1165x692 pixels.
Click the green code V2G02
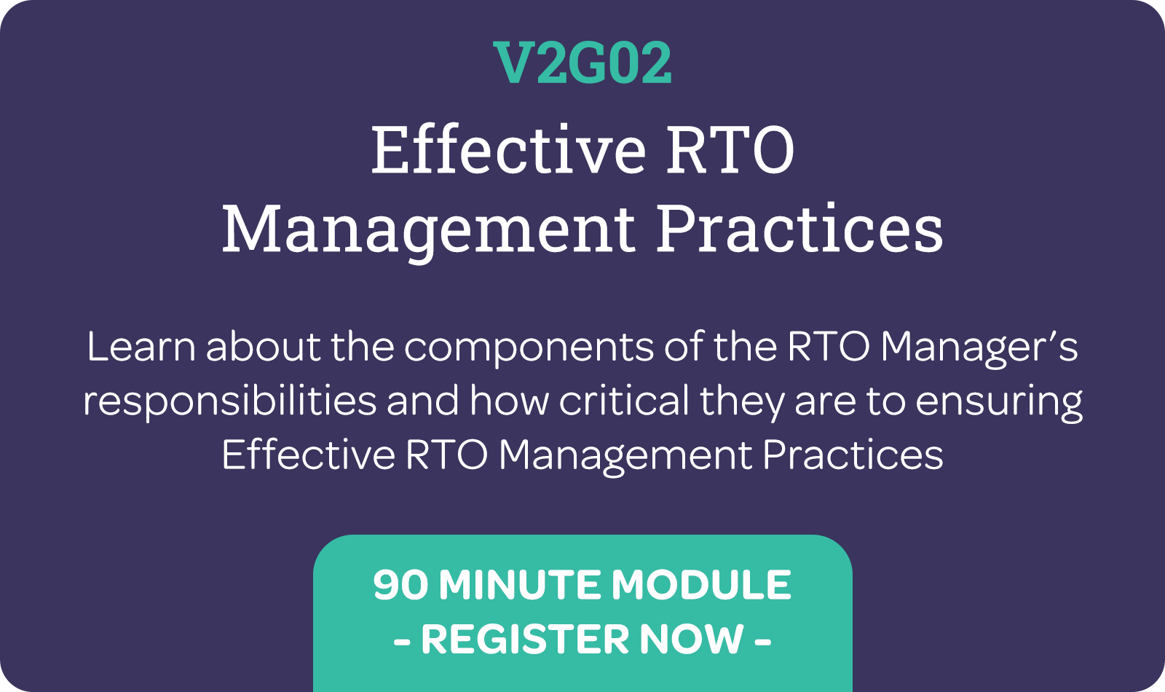[582, 63]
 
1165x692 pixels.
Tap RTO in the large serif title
[730, 150]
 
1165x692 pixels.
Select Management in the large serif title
[429, 230]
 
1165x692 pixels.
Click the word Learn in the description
[141, 347]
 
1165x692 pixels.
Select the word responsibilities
[230, 401]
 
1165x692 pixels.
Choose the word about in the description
[264, 347]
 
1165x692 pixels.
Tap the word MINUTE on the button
[519, 584]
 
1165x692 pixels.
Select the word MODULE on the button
[701, 584]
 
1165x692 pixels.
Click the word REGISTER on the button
[525, 640]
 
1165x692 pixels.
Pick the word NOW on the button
[692, 640]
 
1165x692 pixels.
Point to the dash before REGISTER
[402, 641]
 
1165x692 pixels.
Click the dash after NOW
[762, 641]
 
